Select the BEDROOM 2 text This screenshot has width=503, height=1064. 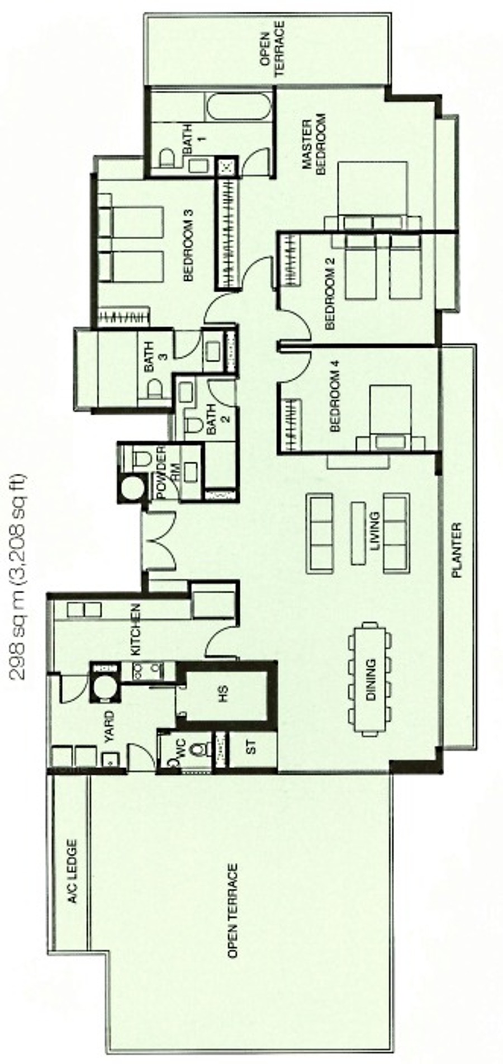(x=330, y=299)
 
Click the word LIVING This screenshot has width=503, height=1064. (x=374, y=531)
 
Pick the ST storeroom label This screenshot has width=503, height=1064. (x=251, y=748)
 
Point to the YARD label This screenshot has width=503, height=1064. (x=109, y=725)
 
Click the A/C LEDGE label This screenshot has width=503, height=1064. (x=72, y=872)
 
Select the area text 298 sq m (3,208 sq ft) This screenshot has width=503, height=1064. (x=20, y=576)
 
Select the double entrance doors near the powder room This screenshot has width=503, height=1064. (x=159, y=540)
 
